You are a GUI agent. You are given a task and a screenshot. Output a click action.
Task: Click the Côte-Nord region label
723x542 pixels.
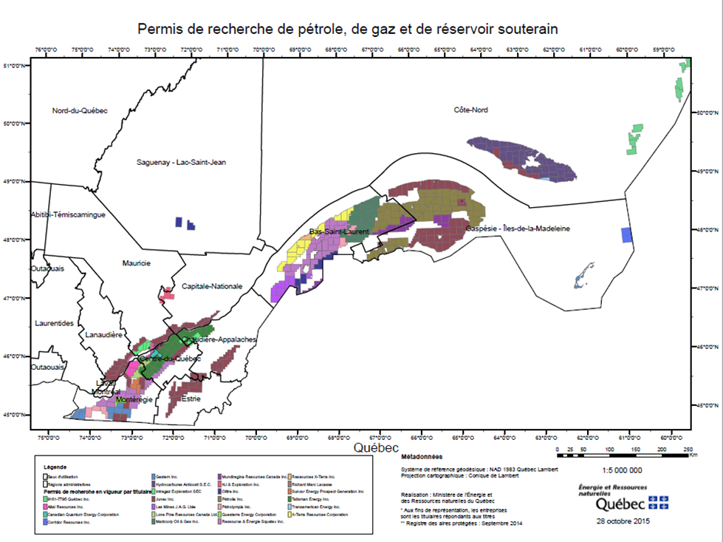(x=470, y=110)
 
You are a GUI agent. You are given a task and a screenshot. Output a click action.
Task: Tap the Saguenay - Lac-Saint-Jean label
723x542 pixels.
(x=181, y=162)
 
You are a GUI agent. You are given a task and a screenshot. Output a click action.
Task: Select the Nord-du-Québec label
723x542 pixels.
(x=80, y=111)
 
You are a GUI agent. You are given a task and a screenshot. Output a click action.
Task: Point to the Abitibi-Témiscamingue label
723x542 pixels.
(x=69, y=214)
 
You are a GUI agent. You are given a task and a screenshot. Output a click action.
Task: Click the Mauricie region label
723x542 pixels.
(x=137, y=263)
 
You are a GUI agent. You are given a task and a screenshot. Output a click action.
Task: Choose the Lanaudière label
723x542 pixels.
(x=103, y=335)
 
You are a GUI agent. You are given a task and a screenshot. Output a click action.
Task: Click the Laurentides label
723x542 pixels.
(x=54, y=324)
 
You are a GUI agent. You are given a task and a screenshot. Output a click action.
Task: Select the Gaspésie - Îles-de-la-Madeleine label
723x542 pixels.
(x=518, y=229)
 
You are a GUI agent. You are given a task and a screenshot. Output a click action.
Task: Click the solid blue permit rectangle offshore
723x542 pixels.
(x=627, y=235)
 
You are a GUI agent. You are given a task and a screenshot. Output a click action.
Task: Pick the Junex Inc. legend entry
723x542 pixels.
(x=170, y=499)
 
